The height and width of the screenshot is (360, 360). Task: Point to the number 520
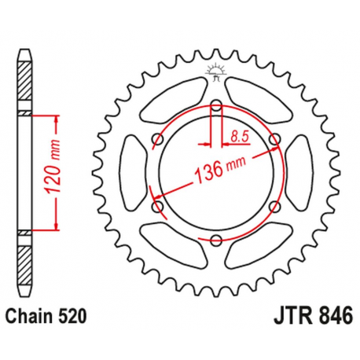pyautogui.click(x=72, y=318)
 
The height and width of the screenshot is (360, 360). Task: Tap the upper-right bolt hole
pyautogui.click(x=274, y=139)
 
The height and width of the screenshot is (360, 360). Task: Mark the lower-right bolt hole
pyautogui.click(x=274, y=207)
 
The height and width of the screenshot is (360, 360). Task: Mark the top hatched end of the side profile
pyautogui.click(x=25, y=79)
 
